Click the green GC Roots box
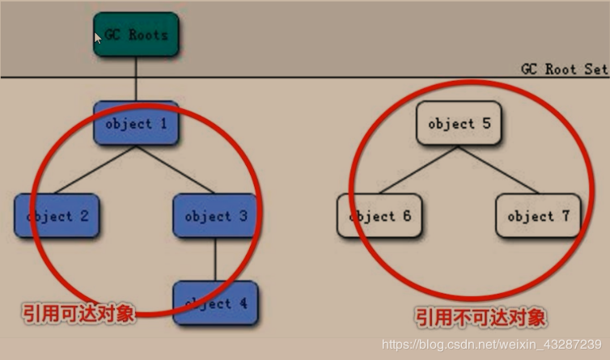[x=136, y=35]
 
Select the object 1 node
[x=136, y=124]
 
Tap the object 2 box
[x=57, y=216]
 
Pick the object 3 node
[x=215, y=216]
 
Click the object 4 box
[x=215, y=303]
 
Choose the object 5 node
[x=459, y=124]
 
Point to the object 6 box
[x=379, y=216]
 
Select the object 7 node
[x=538, y=216]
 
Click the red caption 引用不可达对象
[x=481, y=316]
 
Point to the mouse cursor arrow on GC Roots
[x=97, y=37]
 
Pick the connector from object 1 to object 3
[x=176, y=170]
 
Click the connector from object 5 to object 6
[x=419, y=170]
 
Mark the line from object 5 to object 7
[x=498, y=170]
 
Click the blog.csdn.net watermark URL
[x=491, y=345]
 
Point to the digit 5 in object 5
[x=486, y=124]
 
